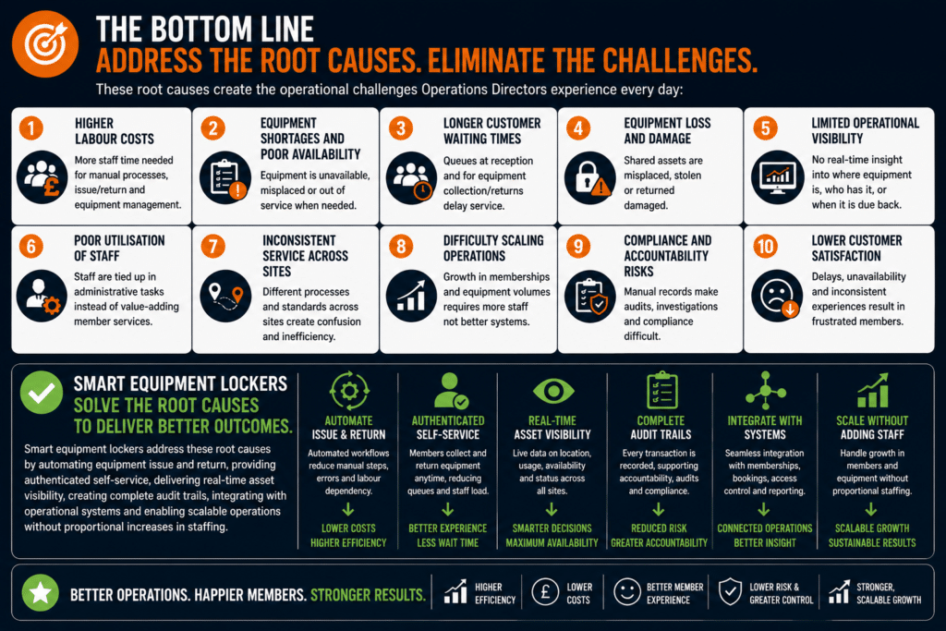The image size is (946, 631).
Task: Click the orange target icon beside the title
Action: (45, 44)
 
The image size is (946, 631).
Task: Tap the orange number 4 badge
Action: (578, 127)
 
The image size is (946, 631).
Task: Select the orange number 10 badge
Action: (765, 246)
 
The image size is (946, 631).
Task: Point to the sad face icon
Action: (777, 296)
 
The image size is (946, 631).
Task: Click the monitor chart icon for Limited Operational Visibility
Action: (777, 177)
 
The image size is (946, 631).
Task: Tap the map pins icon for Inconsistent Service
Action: (225, 296)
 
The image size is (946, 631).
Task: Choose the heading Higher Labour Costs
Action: (114, 131)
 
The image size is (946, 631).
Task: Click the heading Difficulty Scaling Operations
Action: (493, 248)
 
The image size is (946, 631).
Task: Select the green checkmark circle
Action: (41, 392)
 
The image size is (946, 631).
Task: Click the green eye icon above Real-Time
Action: (553, 391)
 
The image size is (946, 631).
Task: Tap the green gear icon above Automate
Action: (348, 391)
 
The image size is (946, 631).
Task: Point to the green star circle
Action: (41, 593)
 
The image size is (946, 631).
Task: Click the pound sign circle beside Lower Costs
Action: (545, 592)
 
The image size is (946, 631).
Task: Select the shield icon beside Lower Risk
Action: (730, 592)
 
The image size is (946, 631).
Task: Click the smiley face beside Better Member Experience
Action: (627, 592)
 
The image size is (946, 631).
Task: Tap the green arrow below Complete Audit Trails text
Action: (659, 510)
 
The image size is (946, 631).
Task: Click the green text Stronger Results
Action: (368, 595)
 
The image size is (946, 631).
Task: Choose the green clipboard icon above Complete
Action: (661, 391)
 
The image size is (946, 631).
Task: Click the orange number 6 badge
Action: (30, 246)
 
